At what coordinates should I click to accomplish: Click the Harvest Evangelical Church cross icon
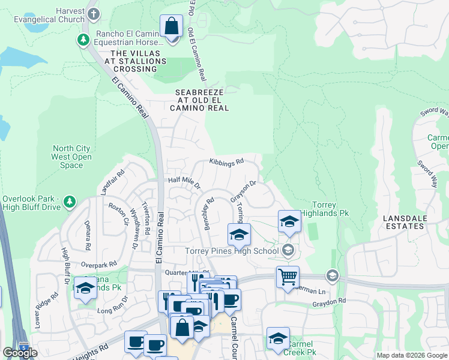[x=93, y=13]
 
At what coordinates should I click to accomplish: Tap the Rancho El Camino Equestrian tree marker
[x=83, y=40]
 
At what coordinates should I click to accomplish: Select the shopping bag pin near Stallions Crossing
[x=172, y=28]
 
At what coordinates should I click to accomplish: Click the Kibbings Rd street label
[x=226, y=161]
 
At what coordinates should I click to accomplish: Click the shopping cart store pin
[x=288, y=277]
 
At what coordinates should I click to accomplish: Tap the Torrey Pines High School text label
[x=233, y=251]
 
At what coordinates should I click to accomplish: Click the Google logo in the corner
[x=20, y=353]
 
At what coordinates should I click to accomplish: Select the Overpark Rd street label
[x=98, y=264]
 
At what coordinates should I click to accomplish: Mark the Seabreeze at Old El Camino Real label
[x=200, y=100]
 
